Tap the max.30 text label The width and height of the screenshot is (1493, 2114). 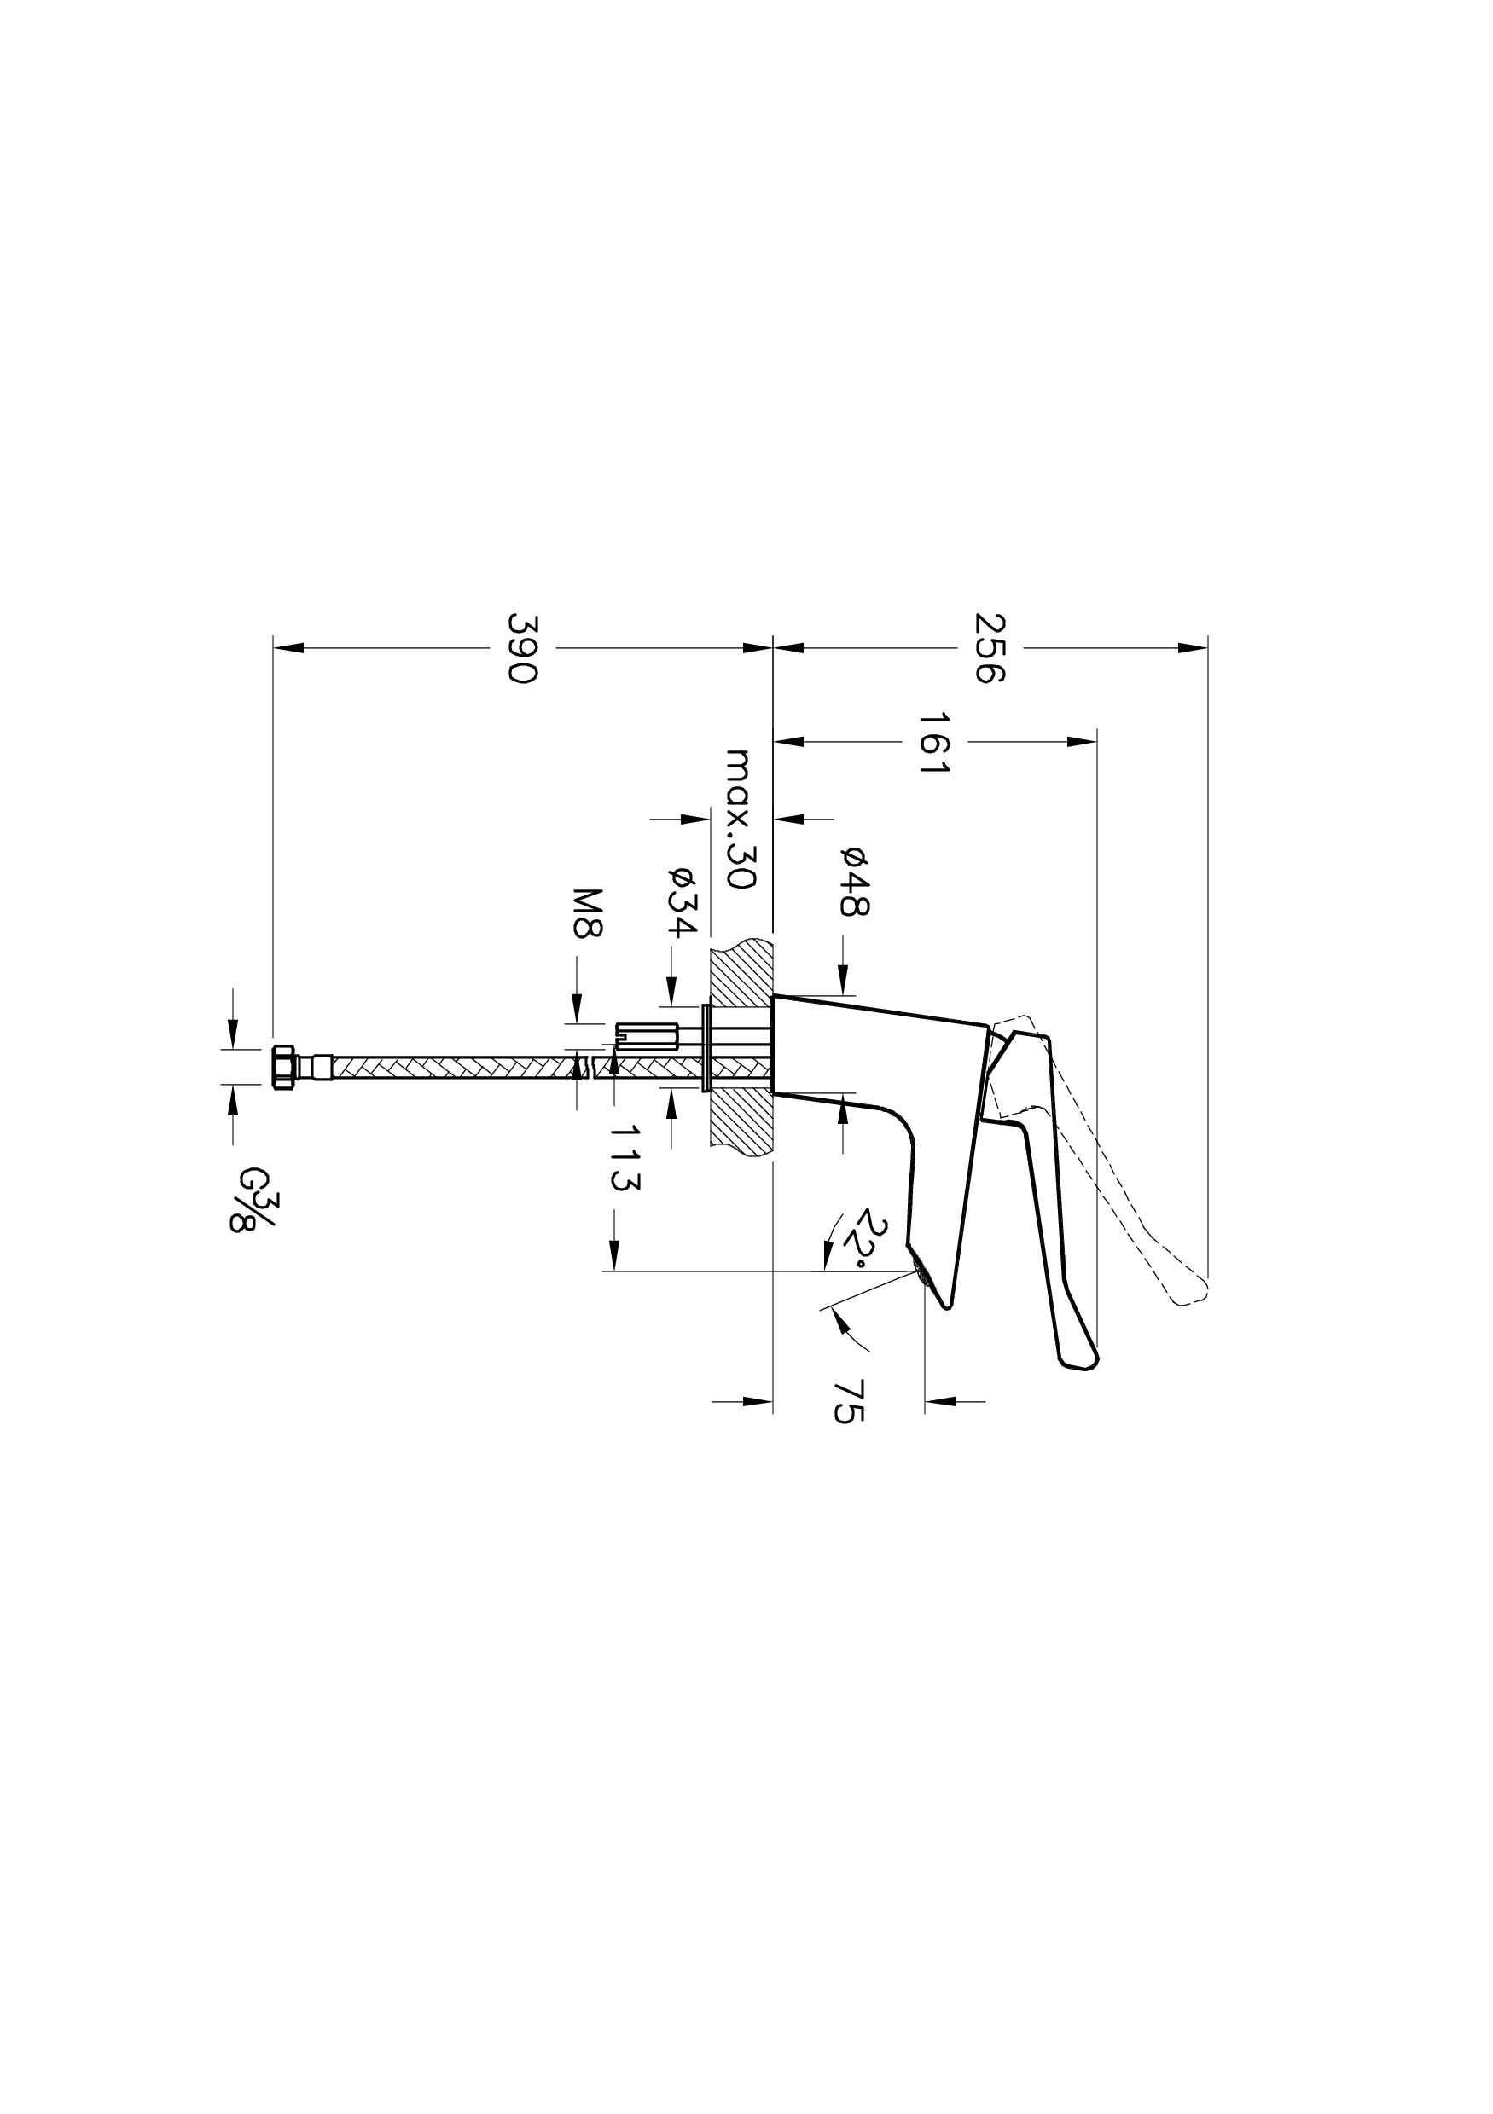[x=740, y=819]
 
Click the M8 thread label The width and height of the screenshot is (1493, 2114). [x=587, y=912]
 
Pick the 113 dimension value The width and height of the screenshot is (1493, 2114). [x=625, y=1158]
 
